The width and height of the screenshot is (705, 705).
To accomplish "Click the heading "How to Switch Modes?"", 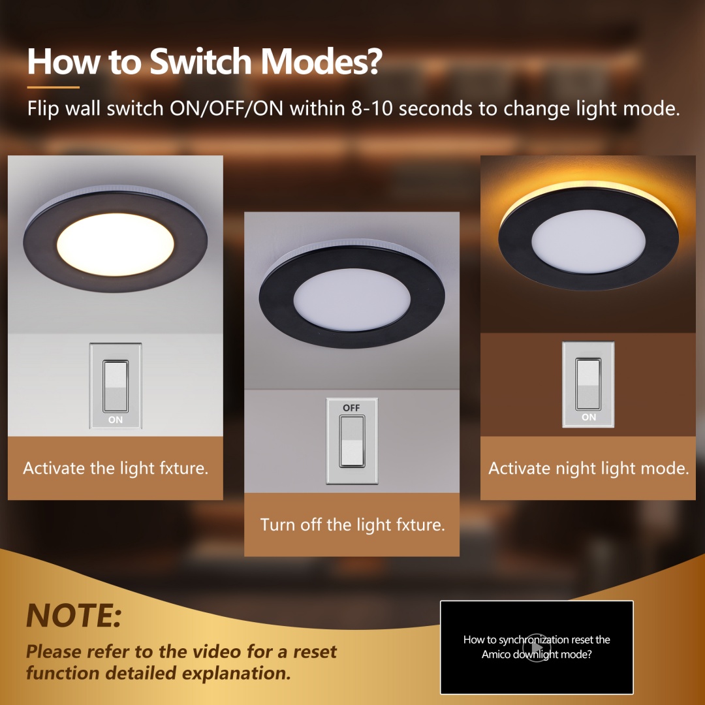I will [x=204, y=61].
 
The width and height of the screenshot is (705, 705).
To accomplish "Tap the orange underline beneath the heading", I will [x=53, y=87].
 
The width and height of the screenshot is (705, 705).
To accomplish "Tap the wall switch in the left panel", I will [x=116, y=385].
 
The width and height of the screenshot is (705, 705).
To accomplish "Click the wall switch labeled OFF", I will [x=352, y=441].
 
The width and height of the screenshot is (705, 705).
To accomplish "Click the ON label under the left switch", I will [x=116, y=420].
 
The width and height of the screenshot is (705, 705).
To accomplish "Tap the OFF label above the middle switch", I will [x=351, y=408].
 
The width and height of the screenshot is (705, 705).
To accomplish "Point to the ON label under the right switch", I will [x=589, y=417].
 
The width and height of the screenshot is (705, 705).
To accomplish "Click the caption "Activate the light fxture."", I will [x=116, y=468].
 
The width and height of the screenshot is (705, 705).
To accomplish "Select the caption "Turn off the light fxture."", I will [x=352, y=525].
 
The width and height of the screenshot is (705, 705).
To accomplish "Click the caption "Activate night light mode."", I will [x=588, y=468].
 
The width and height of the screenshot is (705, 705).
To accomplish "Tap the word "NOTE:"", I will [x=74, y=615].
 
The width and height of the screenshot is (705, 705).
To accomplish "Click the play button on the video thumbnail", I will [x=537, y=647].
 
